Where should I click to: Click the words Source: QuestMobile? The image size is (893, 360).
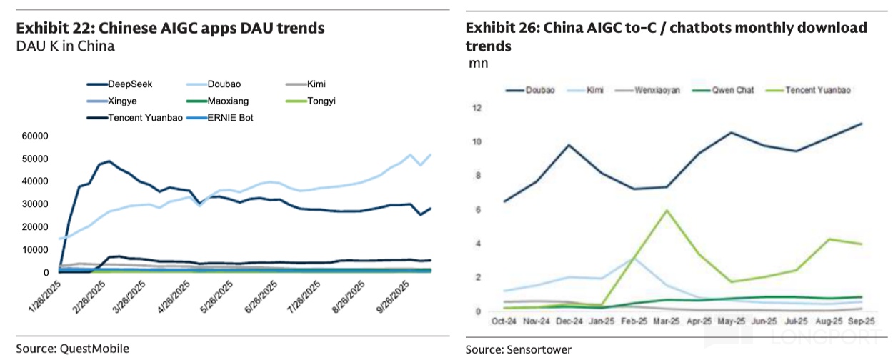(73, 349)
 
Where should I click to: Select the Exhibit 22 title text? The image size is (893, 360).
(171, 29)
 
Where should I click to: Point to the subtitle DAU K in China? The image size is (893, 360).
(65, 47)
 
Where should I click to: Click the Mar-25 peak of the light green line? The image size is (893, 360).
(666, 210)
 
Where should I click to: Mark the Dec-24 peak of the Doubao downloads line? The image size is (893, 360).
(569, 145)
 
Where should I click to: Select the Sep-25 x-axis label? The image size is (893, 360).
(859, 321)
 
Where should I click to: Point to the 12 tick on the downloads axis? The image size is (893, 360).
(477, 108)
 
